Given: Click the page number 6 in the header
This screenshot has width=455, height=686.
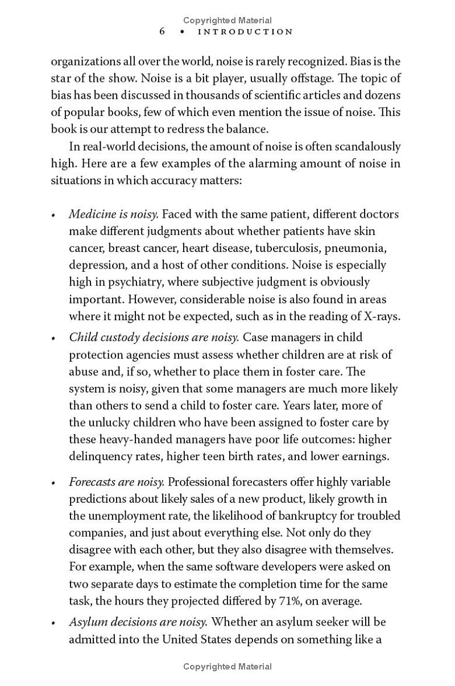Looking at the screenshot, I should (162, 31).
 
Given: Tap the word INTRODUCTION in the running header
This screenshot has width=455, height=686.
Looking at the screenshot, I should (245, 32).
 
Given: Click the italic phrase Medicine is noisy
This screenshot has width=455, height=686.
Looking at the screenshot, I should (113, 214).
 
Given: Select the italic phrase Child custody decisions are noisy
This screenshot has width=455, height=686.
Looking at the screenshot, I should (154, 337).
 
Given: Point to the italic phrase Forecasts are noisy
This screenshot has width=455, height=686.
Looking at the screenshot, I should (117, 482).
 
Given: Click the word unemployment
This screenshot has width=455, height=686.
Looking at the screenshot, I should (129, 516).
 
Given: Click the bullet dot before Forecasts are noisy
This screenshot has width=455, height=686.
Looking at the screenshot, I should (53, 483).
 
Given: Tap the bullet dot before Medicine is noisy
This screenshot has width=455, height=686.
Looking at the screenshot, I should (53, 216).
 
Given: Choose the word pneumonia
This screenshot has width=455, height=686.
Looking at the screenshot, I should (359, 249).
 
